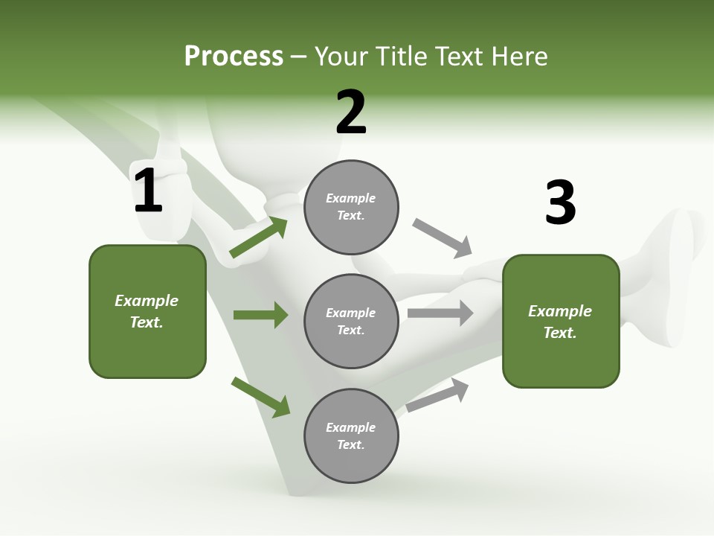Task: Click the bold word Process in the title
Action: tap(234, 57)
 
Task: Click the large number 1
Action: tap(147, 191)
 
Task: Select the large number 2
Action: tap(351, 112)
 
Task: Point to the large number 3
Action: tap(560, 203)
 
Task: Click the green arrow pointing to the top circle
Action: tap(258, 237)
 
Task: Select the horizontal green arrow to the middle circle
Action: tap(260, 315)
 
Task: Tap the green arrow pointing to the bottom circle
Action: tap(260, 397)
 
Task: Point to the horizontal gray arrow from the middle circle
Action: tap(440, 313)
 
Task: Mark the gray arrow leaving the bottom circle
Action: tap(437, 395)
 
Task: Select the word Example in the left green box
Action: tap(147, 301)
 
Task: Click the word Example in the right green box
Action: tap(560, 311)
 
